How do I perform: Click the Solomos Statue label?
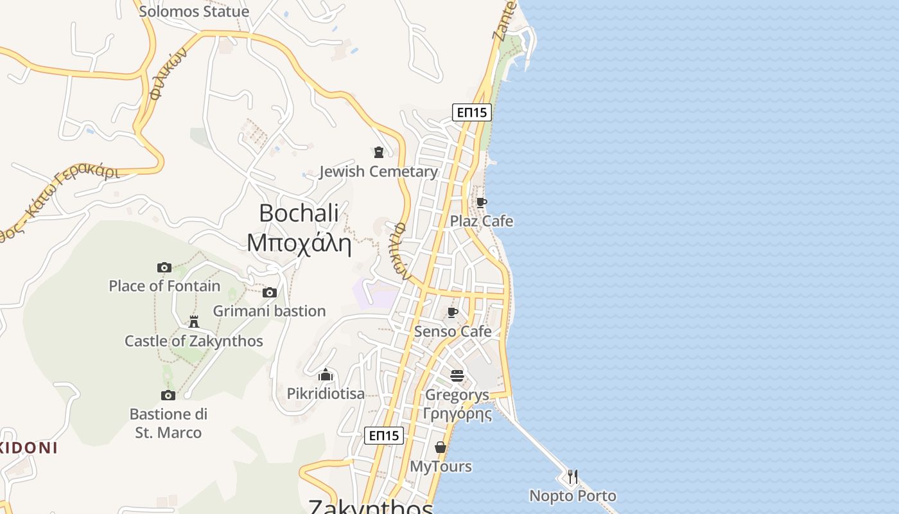click(x=194, y=12)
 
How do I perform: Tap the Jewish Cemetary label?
click(x=378, y=172)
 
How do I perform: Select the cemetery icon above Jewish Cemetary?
click(x=378, y=152)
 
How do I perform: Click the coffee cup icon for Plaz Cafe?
click(x=481, y=203)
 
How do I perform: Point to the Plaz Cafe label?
click(x=481, y=221)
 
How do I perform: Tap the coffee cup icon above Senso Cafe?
click(x=453, y=313)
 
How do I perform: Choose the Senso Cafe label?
click(x=453, y=332)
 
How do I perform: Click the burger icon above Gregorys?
click(x=457, y=376)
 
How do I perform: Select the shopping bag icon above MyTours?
click(x=441, y=447)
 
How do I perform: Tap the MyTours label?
click(x=441, y=466)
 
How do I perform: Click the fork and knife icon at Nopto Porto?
click(x=572, y=477)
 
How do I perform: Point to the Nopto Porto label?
click(x=572, y=496)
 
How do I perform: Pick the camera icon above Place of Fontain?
click(x=164, y=267)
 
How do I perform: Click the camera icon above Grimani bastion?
click(x=270, y=293)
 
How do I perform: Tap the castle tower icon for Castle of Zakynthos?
click(x=194, y=321)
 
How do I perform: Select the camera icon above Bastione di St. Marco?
click(x=168, y=395)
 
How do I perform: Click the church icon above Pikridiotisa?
click(x=326, y=375)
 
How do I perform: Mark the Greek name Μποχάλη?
click(x=299, y=243)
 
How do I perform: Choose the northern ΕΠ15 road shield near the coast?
click(x=471, y=112)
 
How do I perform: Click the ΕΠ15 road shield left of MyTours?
click(x=384, y=435)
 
